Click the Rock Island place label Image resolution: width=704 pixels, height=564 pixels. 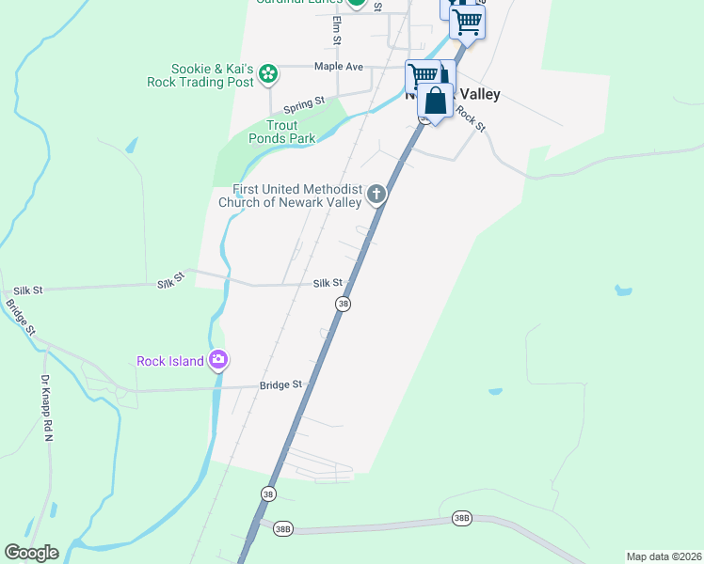[x=170, y=361]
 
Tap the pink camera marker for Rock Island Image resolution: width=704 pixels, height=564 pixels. [x=218, y=359]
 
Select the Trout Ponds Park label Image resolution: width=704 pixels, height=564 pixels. [x=281, y=132]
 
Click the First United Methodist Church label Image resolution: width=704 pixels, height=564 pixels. [x=292, y=195]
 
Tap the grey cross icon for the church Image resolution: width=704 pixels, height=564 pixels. [x=376, y=195]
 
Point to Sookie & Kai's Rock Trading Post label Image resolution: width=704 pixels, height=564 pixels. [x=200, y=75]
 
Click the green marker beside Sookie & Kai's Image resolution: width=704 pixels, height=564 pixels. [x=268, y=73]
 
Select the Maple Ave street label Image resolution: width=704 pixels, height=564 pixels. [x=339, y=67]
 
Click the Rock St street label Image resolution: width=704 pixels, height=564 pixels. [x=471, y=117]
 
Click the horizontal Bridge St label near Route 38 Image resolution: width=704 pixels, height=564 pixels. [x=280, y=384]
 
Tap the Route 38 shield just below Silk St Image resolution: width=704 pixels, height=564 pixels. [x=344, y=304]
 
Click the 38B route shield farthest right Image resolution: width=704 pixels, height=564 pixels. [x=461, y=518]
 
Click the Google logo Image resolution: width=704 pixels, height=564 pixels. [x=31, y=553]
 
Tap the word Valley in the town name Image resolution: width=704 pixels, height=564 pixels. [x=476, y=94]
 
